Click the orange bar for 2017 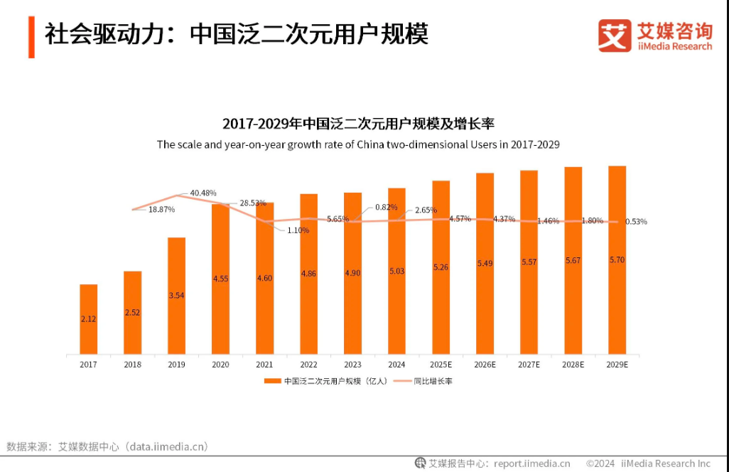pos(89,319)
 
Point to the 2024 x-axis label pos(396,365)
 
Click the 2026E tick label pos(485,365)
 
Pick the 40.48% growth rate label pos(203,193)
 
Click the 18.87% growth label pos(161,210)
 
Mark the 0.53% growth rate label pos(636,222)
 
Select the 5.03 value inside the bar pos(396,270)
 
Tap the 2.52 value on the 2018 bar pos(132,311)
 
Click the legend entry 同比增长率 pos(433,381)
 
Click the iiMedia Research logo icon pos(614,35)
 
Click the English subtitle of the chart pos(358,144)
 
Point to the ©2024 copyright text pos(600,463)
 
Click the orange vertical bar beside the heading pos(31,36)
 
